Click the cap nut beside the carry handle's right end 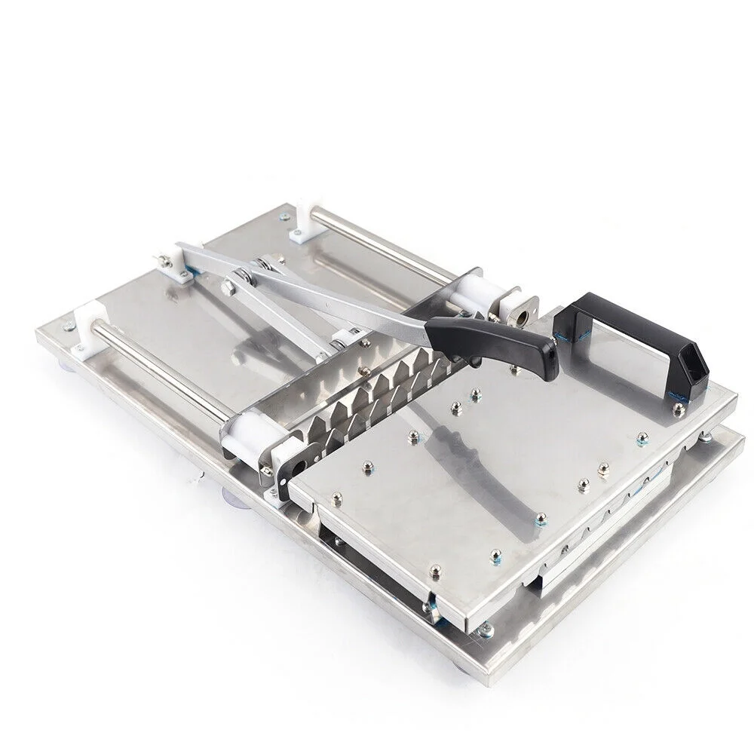pyautogui.click(x=678, y=408)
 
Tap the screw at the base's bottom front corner pyautogui.click(x=486, y=628)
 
